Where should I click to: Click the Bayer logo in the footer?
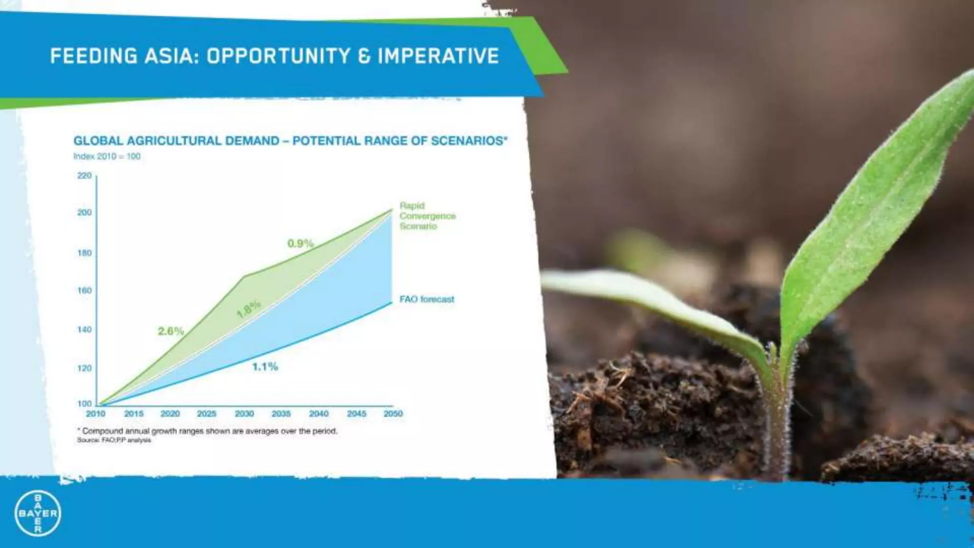[x=38, y=513]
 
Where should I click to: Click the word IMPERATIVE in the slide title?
[x=438, y=56]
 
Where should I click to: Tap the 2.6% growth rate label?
[x=171, y=331]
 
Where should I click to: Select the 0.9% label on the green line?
[x=301, y=244]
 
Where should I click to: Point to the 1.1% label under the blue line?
[x=265, y=366]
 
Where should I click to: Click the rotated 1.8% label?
[x=248, y=309]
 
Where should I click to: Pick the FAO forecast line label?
[x=427, y=299]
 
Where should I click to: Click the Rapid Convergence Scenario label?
[x=427, y=216]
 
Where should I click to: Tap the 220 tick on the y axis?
[x=84, y=176]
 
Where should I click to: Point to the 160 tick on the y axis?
[x=84, y=291]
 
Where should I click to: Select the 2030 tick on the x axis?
[x=244, y=414]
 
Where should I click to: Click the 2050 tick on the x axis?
[x=393, y=414]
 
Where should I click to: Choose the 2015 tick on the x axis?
[x=134, y=414]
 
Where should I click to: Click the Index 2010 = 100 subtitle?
[x=107, y=157]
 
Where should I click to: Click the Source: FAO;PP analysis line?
[x=114, y=440]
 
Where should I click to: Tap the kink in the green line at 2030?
[x=245, y=276]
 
